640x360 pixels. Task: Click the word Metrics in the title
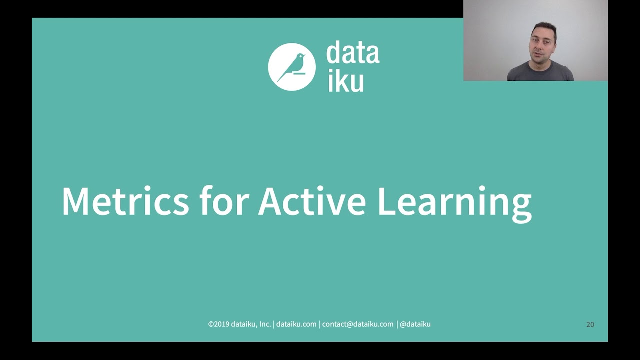tap(125, 201)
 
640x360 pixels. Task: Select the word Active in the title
tap(312, 201)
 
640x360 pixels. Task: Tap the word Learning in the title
tap(454, 202)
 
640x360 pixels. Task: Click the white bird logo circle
tap(292, 67)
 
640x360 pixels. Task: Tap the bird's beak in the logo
tap(304, 55)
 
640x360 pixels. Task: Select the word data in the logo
tap(353, 54)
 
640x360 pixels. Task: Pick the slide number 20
tap(590, 324)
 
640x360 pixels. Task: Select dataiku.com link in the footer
tap(296, 324)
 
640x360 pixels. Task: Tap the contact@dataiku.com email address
tap(358, 324)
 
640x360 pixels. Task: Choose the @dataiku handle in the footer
tap(415, 324)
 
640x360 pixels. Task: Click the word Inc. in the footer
tap(265, 324)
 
